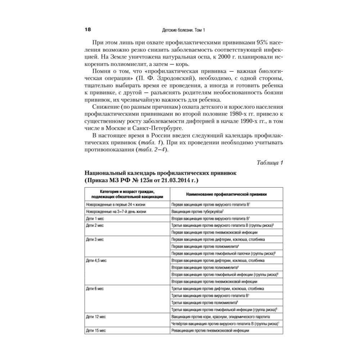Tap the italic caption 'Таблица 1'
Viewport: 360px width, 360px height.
coord(270,163)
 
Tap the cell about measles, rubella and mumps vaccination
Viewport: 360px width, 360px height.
coord(221,317)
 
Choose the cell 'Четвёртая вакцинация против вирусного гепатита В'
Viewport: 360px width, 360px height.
coord(225,324)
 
